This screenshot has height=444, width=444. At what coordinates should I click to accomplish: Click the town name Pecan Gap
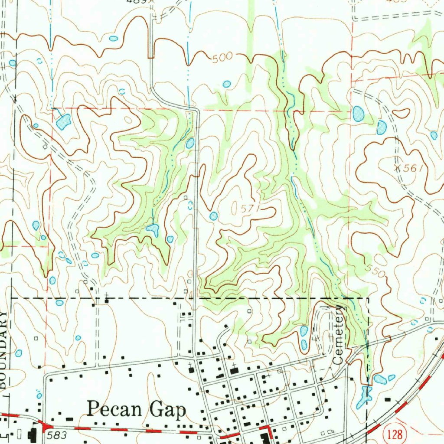click(x=137, y=410)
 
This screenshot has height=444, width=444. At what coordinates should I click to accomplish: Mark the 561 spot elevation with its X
click(x=408, y=169)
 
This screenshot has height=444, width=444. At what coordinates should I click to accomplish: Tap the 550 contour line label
click(x=376, y=271)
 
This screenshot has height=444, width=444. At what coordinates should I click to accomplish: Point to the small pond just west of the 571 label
click(x=213, y=215)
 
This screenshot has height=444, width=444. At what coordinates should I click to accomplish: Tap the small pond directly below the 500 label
click(x=226, y=84)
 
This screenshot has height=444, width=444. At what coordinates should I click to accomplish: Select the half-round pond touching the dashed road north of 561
click(x=381, y=127)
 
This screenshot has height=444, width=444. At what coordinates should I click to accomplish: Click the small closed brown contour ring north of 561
click(x=402, y=113)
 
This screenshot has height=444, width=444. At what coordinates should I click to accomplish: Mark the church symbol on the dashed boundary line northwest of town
click(x=107, y=299)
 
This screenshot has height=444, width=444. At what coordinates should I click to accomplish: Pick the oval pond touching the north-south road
click(x=190, y=143)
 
